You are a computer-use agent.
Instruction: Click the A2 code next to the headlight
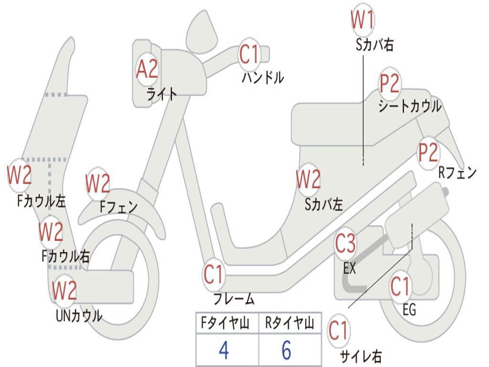[x=147, y=69]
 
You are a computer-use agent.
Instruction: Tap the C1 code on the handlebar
[x=249, y=54]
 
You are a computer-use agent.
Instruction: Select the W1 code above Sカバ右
[x=362, y=21]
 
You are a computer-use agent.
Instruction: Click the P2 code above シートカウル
[x=390, y=84]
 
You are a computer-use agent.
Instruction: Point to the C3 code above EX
[x=345, y=244]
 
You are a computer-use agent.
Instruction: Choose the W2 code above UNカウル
[x=64, y=291]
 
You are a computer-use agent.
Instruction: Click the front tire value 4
[x=223, y=350]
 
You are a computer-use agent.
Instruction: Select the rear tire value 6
[x=287, y=350]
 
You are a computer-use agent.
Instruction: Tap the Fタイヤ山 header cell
[x=223, y=324]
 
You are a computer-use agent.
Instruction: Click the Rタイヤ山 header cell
[x=289, y=324]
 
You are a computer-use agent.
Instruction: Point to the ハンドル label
[x=263, y=77]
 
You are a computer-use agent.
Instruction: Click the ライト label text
[x=162, y=94]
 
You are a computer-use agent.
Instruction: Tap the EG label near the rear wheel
[x=409, y=310]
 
